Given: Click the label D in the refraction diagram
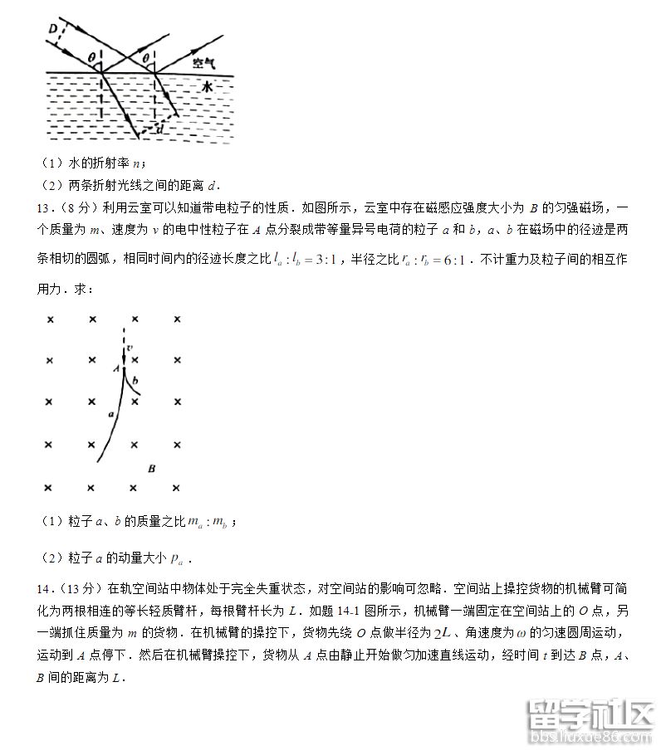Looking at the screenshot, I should (x=53, y=30).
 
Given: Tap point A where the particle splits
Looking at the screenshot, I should (x=117, y=367).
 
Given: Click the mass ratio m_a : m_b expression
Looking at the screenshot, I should (x=208, y=523).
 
